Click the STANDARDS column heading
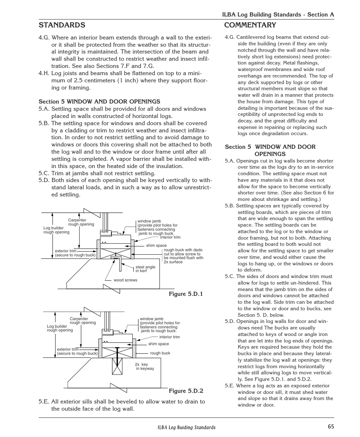click(62, 25)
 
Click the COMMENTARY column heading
click(250, 25)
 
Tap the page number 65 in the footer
click(331, 426)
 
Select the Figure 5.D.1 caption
click(186, 294)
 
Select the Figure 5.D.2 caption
click(186, 391)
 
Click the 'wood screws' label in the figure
click(125, 280)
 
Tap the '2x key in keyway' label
click(144, 367)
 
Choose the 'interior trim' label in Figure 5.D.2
click(169, 337)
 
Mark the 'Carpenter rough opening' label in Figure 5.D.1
click(81, 222)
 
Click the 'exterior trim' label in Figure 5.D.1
click(75, 253)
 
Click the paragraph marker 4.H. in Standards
click(44, 74)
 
